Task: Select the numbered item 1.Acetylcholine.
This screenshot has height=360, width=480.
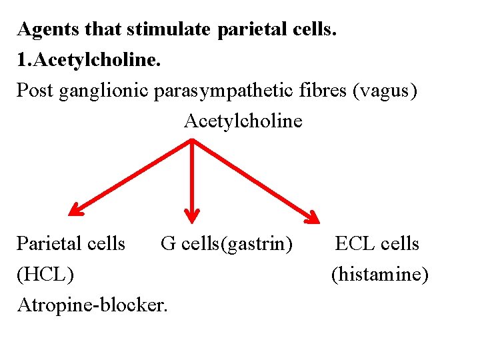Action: tap(89, 60)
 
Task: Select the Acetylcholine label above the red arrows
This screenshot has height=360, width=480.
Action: tap(243, 121)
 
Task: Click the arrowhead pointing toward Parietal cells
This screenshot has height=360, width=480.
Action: tap(75, 211)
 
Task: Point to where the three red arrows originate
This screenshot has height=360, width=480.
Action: tap(192, 139)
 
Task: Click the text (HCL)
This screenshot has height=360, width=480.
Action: tap(45, 274)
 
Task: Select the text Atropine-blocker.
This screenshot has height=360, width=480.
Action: tap(93, 305)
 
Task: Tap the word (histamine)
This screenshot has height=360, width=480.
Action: tap(380, 274)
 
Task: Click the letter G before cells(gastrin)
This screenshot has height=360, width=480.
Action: tap(168, 244)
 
